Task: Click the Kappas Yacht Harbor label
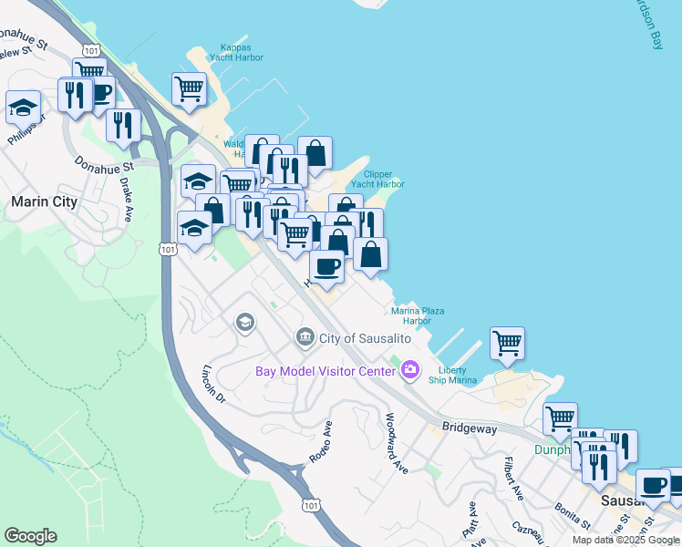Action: click(242, 53)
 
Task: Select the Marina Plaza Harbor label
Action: click(418, 315)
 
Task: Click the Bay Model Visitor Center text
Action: click(325, 370)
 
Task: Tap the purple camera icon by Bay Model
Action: click(410, 369)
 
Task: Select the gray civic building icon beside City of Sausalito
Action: click(305, 338)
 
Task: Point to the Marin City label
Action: click(43, 201)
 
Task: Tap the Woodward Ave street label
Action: click(397, 444)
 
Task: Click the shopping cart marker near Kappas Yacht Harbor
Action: click(189, 89)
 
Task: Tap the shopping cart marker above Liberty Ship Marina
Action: click(507, 344)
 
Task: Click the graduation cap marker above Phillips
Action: click(24, 108)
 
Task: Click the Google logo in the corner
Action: click(30, 536)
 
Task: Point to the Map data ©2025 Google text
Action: click(625, 540)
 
